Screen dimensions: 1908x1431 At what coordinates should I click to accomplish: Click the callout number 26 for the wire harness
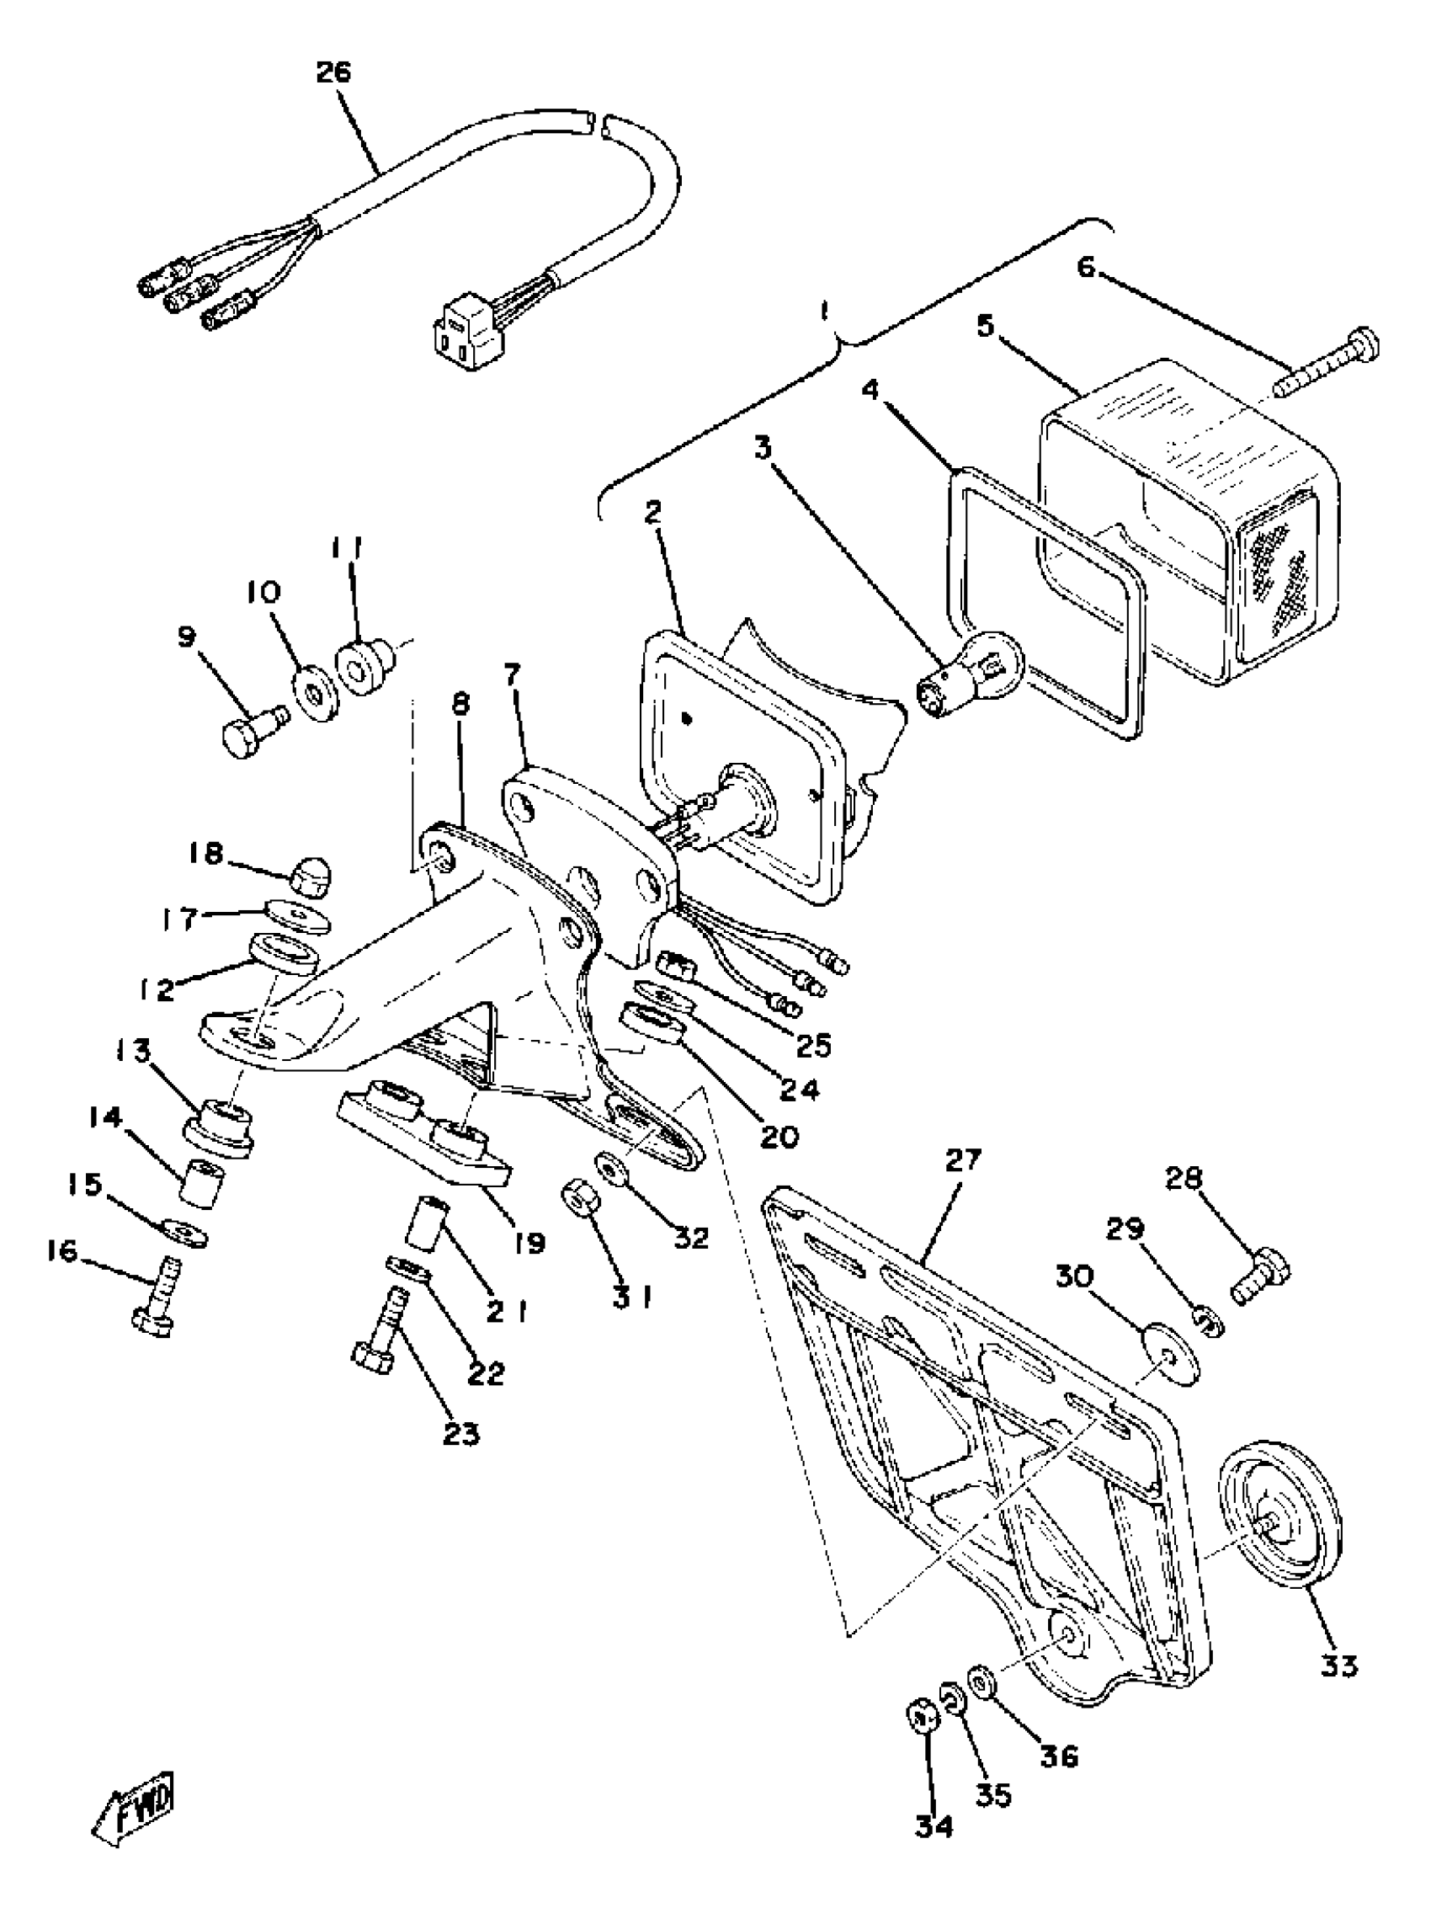pyautogui.click(x=334, y=72)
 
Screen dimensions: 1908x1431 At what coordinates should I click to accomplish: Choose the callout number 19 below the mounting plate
pyautogui.click(x=528, y=1242)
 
